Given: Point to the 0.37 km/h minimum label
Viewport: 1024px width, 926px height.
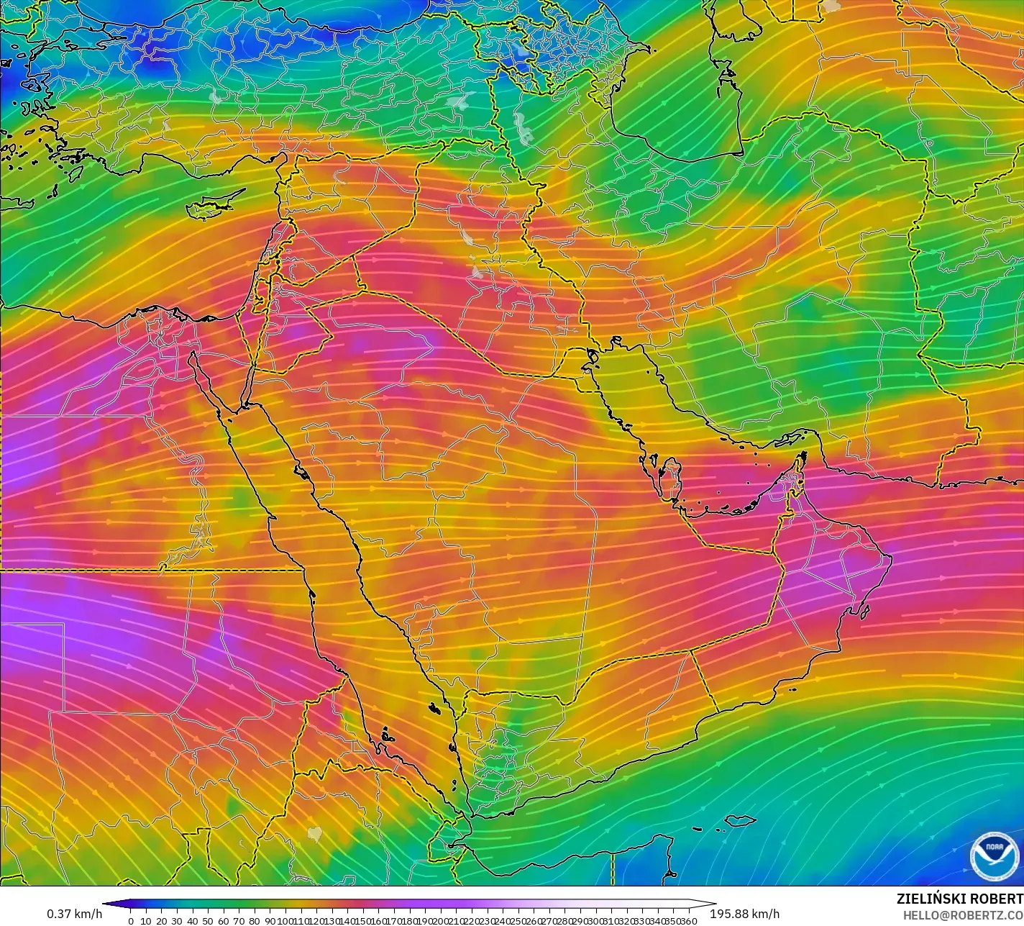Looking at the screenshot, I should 74,914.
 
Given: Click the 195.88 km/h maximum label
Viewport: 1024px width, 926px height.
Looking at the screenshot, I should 744,914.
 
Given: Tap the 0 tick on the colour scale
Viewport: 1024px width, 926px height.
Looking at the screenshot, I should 130,920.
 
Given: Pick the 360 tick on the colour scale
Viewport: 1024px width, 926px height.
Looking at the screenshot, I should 689,920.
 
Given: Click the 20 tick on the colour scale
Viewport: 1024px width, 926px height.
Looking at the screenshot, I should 161,920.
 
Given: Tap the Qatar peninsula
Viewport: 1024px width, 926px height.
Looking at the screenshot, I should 672,478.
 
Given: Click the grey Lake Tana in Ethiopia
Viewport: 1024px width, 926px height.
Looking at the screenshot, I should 314,833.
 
